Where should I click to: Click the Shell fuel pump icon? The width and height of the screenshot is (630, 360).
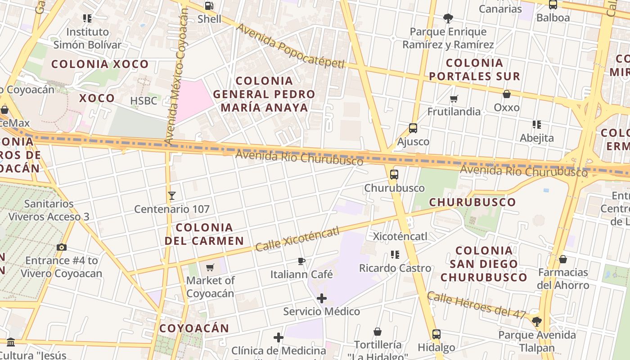tap(209, 6)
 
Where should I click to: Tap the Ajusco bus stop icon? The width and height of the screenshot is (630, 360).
tap(413, 128)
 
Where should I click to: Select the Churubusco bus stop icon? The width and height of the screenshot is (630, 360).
tap(394, 175)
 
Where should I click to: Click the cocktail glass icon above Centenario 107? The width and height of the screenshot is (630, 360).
tap(171, 196)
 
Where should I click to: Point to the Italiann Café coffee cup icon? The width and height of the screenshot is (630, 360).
tap(301, 261)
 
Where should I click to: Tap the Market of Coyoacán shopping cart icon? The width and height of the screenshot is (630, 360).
tap(210, 268)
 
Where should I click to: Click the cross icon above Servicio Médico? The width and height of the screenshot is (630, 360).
tap(322, 298)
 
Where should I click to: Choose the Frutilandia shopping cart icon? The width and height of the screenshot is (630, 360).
tap(454, 99)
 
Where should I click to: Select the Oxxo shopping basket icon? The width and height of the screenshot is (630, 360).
tap(507, 94)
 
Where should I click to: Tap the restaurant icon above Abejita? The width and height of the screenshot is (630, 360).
tap(536, 124)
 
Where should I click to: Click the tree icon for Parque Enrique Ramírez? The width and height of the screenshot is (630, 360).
tap(448, 18)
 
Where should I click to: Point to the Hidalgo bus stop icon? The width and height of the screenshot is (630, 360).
tap(436, 334)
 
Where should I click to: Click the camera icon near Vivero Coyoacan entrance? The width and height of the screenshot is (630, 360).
tap(62, 247)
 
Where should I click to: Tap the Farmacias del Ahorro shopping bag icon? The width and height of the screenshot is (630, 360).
tap(563, 259)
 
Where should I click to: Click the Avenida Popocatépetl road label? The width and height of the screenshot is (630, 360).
tap(290, 46)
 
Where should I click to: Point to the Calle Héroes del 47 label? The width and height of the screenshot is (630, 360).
tap(476, 305)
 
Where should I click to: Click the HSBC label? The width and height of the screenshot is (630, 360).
tap(144, 101)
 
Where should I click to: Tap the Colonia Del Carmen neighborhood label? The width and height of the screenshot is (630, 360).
tap(204, 234)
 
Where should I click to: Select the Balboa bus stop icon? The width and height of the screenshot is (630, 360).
tap(553, 5)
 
